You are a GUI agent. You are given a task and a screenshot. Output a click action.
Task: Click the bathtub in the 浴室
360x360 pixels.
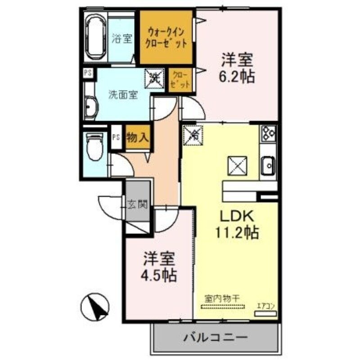pyautogui.click(x=95, y=37)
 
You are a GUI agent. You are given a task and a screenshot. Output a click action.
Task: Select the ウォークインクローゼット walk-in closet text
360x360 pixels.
pyautogui.click(x=166, y=38)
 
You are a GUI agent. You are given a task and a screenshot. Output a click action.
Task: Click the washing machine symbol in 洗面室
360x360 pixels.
pyautogui.click(x=154, y=78)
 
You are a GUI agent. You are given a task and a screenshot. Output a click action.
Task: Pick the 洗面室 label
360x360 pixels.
pyautogui.click(x=122, y=95)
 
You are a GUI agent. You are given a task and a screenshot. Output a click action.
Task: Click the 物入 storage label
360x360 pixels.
pyautogui.click(x=138, y=138)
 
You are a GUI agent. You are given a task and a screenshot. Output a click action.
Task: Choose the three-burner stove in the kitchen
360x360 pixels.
pyautogui.click(x=269, y=133)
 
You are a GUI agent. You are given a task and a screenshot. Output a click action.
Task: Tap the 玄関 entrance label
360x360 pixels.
pyautogui.click(x=137, y=205)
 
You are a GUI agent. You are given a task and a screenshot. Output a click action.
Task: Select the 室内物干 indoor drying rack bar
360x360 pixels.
pyautogui.click(x=222, y=307)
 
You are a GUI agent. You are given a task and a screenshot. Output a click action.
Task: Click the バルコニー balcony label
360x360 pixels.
pyautogui.click(x=215, y=337)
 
